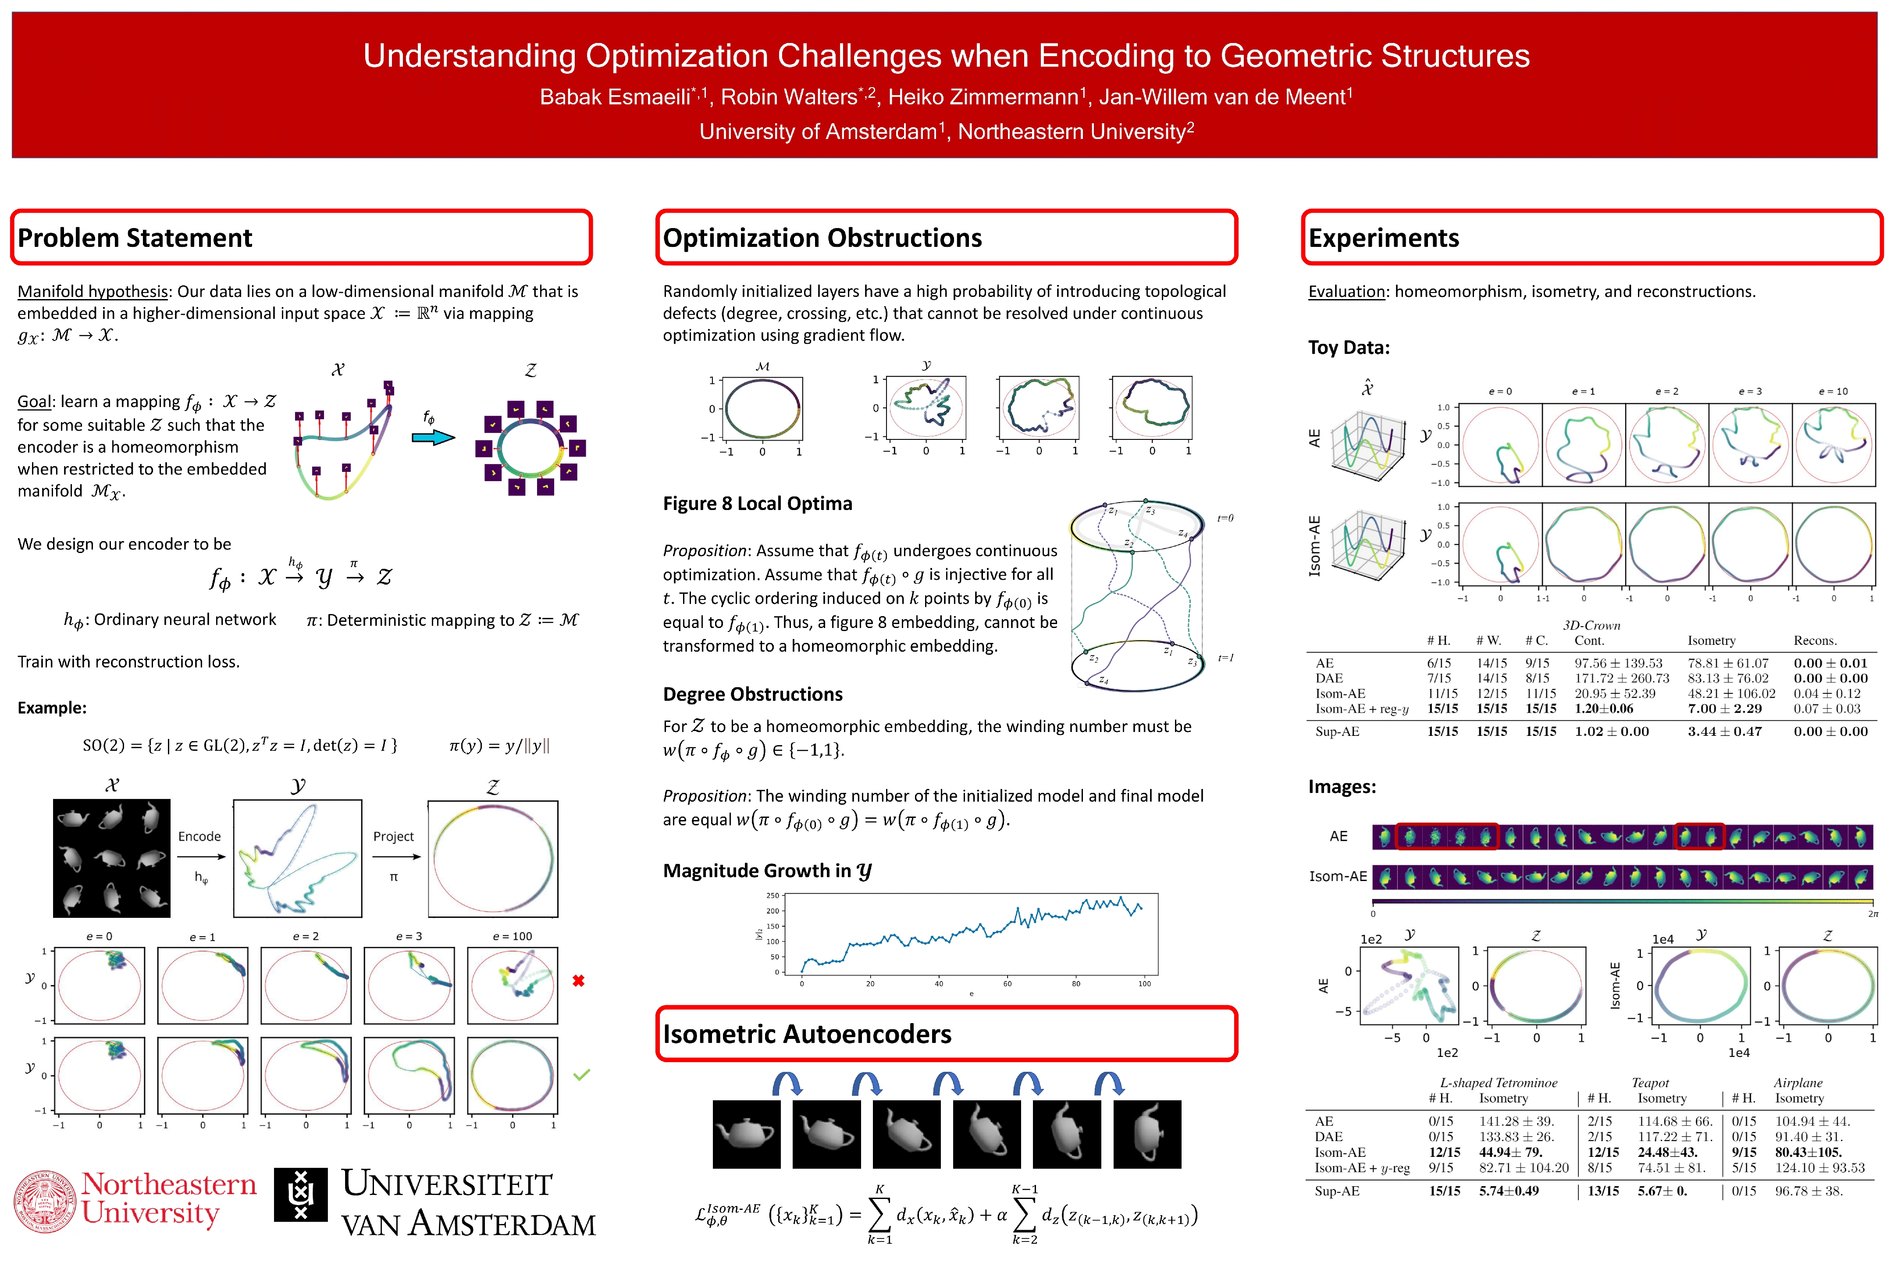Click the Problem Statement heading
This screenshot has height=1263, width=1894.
[x=135, y=239]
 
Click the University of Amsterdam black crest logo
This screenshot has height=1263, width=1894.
[x=300, y=1195]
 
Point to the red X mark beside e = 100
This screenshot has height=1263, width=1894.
[x=578, y=981]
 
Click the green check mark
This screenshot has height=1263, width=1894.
[x=581, y=1074]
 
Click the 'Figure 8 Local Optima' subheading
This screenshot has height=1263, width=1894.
[x=757, y=503]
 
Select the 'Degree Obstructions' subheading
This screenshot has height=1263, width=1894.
[x=752, y=694]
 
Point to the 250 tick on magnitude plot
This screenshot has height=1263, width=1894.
[x=772, y=896]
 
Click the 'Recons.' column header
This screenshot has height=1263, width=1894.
[x=1815, y=640]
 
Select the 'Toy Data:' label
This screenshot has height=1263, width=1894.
[x=1349, y=347]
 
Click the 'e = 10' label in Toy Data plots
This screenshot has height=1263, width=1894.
[x=1833, y=392]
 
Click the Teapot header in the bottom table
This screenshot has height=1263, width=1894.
[x=1650, y=1083]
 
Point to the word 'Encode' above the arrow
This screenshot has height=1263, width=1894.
[x=200, y=836]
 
